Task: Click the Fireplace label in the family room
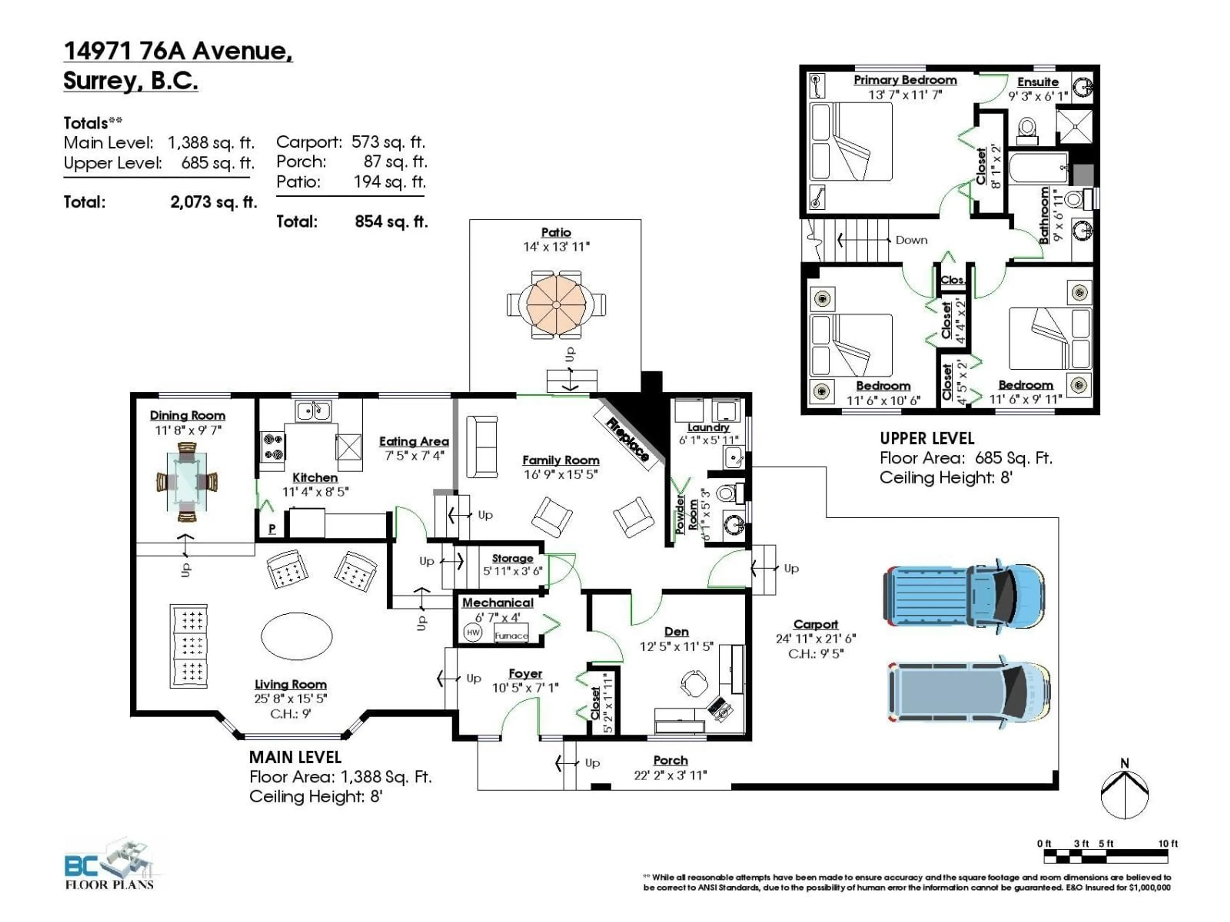pyautogui.click(x=627, y=439)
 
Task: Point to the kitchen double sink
pyautogui.click(x=313, y=411)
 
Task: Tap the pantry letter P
pyautogui.click(x=272, y=529)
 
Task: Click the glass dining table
pyautogui.click(x=187, y=481)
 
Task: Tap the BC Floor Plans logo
pyautogui.click(x=109, y=864)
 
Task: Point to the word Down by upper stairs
pyautogui.click(x=911, y=240)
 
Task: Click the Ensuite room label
pyautogui.click(x=1037, y=82)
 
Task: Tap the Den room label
pyautogui.click(x=676, y=632)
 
